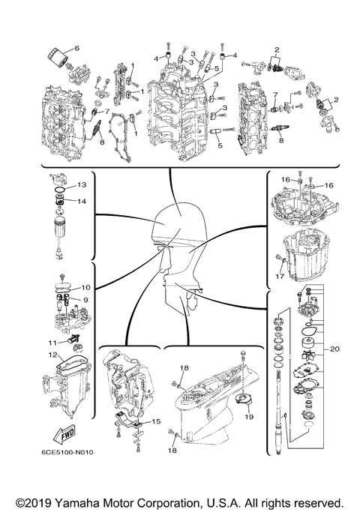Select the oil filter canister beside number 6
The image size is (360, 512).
57,56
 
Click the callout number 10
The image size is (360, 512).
85,287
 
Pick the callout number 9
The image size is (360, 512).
85,299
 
